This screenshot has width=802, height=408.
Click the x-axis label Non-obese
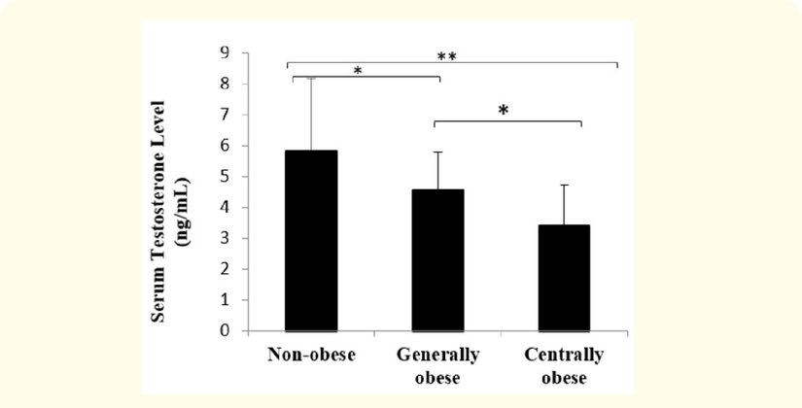pos(311,355)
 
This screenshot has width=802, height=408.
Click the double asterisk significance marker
pos(446,57)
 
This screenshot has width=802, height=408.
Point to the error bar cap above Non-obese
pos(311,79)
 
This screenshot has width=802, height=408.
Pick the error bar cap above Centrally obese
pos(563,185)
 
